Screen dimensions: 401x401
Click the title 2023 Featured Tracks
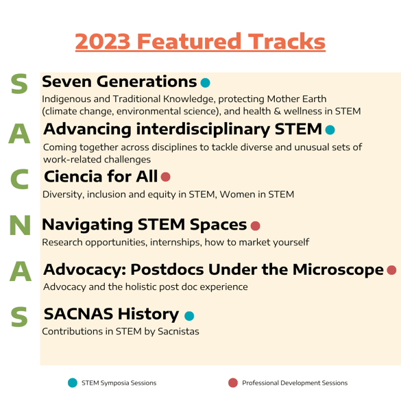200,41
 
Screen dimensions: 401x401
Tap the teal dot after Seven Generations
206,83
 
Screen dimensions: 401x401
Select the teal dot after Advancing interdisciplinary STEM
330,130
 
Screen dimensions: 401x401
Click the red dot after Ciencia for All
165,177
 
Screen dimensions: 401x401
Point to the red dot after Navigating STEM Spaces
255,226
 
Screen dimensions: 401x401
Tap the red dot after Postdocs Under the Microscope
391,270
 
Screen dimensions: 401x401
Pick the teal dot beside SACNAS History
189,316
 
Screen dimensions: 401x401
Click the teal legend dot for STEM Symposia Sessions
73,382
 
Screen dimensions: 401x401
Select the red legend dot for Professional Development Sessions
233,382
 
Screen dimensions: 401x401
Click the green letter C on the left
19,179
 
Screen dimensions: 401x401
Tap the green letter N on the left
20,225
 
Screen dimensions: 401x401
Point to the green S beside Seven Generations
19,84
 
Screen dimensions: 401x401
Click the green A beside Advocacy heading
20,271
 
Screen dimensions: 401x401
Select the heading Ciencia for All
101,176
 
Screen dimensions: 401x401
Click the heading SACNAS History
111,314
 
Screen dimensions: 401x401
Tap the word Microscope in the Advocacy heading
338,269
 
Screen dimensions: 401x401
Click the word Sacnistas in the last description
178,331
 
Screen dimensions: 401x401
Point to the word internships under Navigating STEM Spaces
176,242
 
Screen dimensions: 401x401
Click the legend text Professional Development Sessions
295,383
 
